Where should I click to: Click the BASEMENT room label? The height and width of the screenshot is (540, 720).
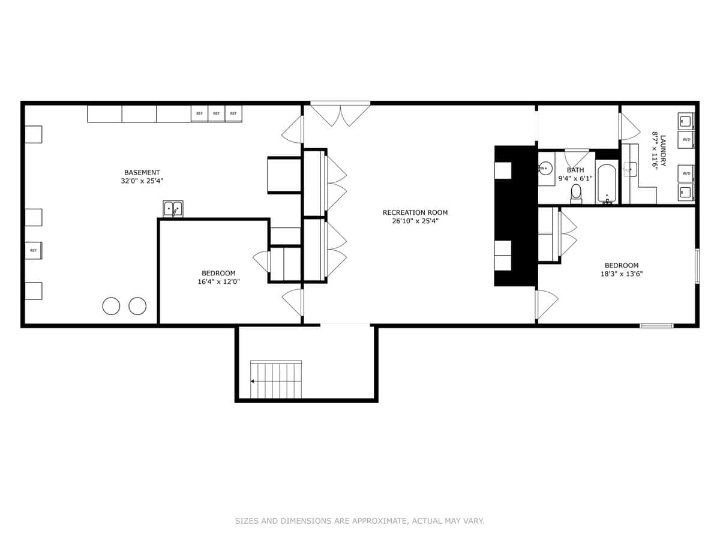142,173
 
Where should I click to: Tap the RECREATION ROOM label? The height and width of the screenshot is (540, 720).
415,212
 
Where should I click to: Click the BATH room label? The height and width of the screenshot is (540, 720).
575,170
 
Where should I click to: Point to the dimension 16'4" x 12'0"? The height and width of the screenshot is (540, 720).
218,281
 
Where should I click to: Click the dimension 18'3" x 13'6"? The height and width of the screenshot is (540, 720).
621,274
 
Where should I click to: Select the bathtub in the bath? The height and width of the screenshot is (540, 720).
607,184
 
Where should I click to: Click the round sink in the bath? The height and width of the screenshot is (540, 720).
545,168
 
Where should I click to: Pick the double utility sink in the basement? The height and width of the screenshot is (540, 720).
173,209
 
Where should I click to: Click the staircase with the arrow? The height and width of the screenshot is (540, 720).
276,380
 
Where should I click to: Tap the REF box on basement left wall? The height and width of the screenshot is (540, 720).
33,250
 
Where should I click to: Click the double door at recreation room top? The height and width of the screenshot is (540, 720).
340,114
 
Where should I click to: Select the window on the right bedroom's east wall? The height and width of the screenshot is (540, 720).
697,266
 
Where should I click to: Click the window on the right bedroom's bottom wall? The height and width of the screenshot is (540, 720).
656,326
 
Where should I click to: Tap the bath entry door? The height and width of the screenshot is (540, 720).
576,158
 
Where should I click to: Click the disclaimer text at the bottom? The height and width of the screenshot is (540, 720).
359,521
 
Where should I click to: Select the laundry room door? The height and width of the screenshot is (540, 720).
629,127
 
